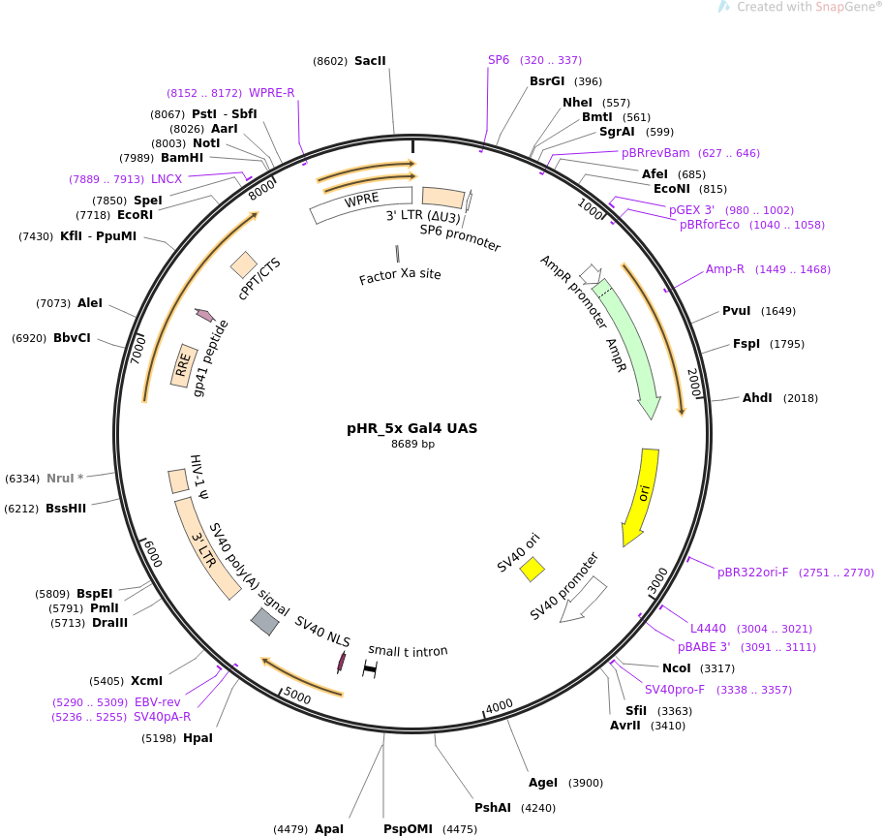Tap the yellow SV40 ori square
click(532, 569)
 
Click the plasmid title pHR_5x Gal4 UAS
click(411, 428)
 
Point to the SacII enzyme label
click(370, 61)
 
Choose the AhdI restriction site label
click(757, 398)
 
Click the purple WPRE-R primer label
click(271, 93)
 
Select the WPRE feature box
click(361, 204)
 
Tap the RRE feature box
click(181, 365)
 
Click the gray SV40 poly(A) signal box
click(264, 621)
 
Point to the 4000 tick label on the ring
click(499, 706)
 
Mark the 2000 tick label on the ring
click(694, 383)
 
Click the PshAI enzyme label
click(492, 808)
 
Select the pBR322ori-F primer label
click(752, 573)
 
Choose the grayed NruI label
click(60, 479)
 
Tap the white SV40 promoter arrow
click(584, 600)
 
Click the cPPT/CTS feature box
click(244, 264)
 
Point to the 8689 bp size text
click(412, 444)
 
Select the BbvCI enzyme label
click(72, 338)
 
